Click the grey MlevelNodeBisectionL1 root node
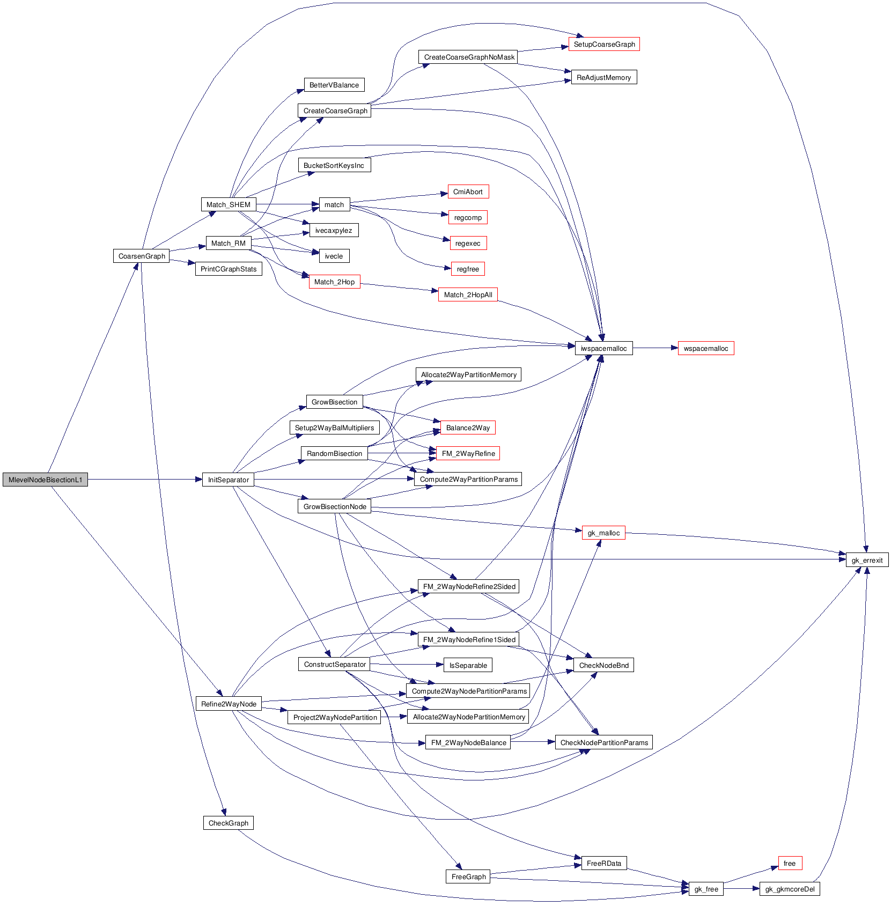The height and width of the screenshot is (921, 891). click(x=45, y=480)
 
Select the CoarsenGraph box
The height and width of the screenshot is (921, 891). click(x=142, y=256)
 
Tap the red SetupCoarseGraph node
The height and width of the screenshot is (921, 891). click(x=604, y=45)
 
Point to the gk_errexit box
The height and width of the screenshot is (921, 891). click(x=867, y=560)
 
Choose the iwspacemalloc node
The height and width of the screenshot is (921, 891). click(x=603, y=348)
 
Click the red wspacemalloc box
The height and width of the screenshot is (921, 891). click(x=705, y=348)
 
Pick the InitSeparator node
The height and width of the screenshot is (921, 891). click(x=228, y=480)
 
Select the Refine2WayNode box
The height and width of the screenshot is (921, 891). click(x=229, y=704)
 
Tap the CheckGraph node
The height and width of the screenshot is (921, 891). click(x=228, y=823)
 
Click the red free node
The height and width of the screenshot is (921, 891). click(x=790, y=863)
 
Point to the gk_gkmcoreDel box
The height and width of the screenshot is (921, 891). click(x=790, y=889)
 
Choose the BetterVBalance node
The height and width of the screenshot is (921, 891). click(x=334, y=85)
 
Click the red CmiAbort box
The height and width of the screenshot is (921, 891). click(x=468, y=191)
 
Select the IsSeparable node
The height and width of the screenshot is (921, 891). click(x=468, y=665)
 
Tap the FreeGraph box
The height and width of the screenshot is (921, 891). click(x=468, y=876)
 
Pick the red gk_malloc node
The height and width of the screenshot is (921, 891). click(x=603, y=533)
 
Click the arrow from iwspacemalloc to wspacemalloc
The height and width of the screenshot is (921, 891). click(x=655, y=348)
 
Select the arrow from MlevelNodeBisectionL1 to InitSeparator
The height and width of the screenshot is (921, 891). click(x=145, y=480)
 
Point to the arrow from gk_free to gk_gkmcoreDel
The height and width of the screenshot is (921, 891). click(x=741, y=889)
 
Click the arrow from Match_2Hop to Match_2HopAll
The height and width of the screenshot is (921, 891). click(x=400, y=288)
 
